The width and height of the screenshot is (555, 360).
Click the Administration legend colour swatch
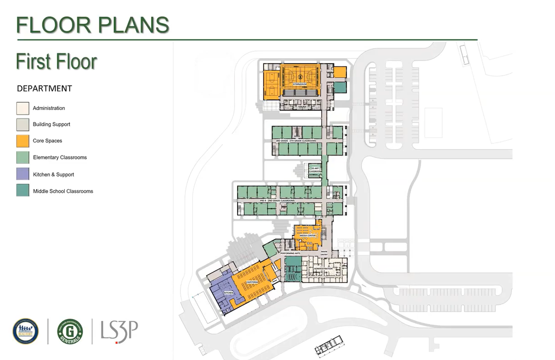pyautogui.click(x=23, y=108)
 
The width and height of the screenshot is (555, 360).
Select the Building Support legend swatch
pyautogui.click(x=23, y=124)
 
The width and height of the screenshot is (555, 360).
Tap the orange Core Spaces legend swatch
pyautogui.click(x=23, y=140)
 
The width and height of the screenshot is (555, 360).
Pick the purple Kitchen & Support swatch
pyautogui.click(x=23, y=174)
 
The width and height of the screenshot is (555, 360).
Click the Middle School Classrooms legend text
pyautogui.click(x=63, y=191)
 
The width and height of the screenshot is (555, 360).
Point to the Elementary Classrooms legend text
pyautogui.click(x=60, y=158)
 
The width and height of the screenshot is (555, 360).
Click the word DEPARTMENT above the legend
pyautogui.click(x=44, y=88)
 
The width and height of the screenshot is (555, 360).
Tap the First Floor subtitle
pyautogui.click(x=56, y=62)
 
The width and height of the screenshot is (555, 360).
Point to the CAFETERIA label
pyautogui.click(x=252, y=281)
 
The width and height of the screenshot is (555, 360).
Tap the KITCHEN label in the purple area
pyautogui.click(x=229, y=293)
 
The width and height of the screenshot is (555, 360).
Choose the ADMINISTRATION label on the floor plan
pyautogui.click(x=323, y=268)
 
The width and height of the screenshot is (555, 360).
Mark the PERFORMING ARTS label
pyautogui.click(x=290, y=254)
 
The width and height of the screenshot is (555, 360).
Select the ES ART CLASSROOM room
pyautogui.click(x=315, y=170)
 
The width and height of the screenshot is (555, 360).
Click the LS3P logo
pyautogui.click(x=119, y=331)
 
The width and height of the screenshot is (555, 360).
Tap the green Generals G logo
pyautogui.click(x=70, y=331)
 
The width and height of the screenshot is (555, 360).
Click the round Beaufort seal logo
pyautogui.click(x=25, y=331)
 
